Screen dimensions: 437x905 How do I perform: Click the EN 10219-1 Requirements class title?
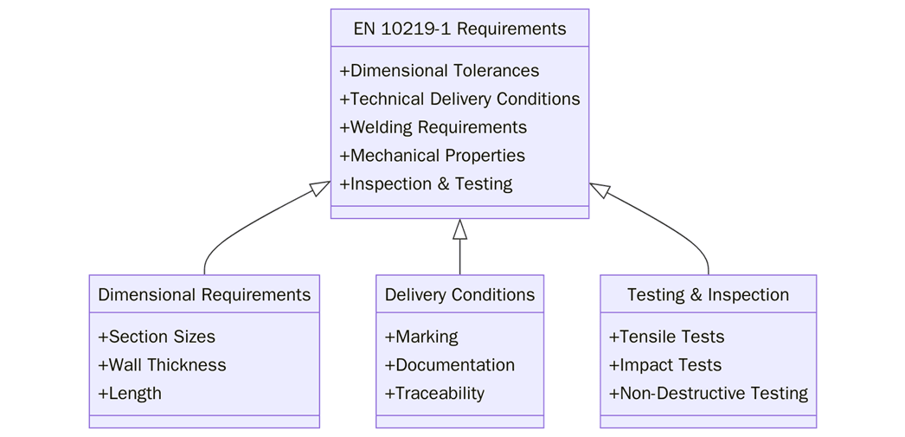coord(459,29)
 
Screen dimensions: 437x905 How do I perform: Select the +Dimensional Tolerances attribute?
coord(440,71)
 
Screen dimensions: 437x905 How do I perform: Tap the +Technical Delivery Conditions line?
coord(459,100)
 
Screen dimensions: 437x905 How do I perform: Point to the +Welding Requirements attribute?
coord(433,127)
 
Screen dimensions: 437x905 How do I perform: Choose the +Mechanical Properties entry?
coord(432,156)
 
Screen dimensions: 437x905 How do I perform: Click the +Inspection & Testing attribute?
coord(426,184)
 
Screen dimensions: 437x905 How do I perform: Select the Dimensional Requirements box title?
coord(204,295)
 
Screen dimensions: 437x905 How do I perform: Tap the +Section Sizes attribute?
coord(157,337)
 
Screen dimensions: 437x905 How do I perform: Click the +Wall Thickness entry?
coord(162,365)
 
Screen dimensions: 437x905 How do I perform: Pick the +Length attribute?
coord(130,393)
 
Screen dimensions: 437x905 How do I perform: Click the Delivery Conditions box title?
coord(459,295)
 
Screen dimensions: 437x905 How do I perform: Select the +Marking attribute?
coord(421,337)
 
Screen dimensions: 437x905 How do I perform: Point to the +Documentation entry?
coord(450,365)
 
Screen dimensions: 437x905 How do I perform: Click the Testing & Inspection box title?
coord(708,295)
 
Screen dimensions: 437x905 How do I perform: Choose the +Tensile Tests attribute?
coord(666,337)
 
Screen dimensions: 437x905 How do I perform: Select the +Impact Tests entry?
coord(664,365)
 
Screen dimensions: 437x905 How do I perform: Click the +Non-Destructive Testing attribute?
coord(708,393)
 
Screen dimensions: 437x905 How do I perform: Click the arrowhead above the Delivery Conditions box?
coord(459,229)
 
